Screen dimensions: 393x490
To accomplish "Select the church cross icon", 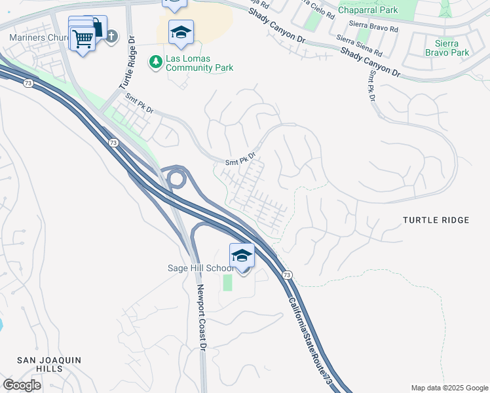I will pos(111,37).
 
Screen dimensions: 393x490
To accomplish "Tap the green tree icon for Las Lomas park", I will pos(156,62).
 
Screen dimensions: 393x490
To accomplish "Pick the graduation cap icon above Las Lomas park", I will pos(181,33).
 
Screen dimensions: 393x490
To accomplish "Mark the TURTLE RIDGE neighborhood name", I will pos(436,220).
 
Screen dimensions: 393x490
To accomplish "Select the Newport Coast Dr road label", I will pos(204,317).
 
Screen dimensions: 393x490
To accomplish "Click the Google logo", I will pos(22,385).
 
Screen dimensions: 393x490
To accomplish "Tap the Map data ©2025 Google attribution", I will pos(449,388).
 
